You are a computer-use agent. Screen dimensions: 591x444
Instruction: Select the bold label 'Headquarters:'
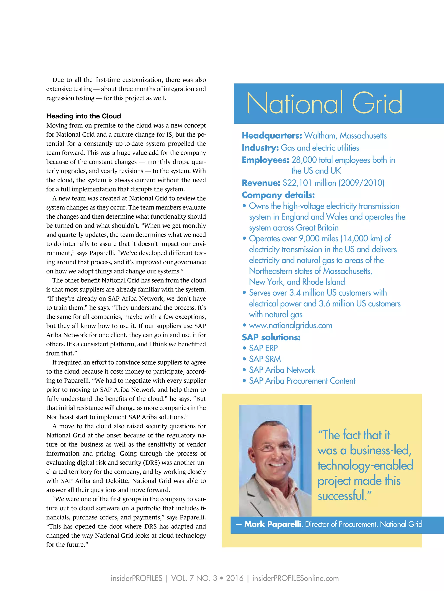click(x=272, y=136)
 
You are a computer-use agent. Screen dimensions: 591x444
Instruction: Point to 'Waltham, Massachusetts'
click(x=345, y=136)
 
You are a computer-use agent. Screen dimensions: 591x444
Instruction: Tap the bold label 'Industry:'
click(x=260, y=148)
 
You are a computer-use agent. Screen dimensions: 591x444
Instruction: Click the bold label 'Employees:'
click(x=265, y=160)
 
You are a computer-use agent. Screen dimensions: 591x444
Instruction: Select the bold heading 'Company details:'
click(x=278, y=195)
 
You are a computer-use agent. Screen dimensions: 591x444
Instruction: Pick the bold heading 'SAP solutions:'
click(x=271, y=337)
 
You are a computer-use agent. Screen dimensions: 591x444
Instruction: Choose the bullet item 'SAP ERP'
click(x=263, y=348)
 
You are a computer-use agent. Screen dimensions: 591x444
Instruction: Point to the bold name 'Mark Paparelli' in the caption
click(x=273, y=524)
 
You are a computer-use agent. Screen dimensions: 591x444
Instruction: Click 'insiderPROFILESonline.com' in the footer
click(x=295, y=578)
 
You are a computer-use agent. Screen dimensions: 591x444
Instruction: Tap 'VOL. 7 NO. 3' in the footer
click(x=194, y=578)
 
